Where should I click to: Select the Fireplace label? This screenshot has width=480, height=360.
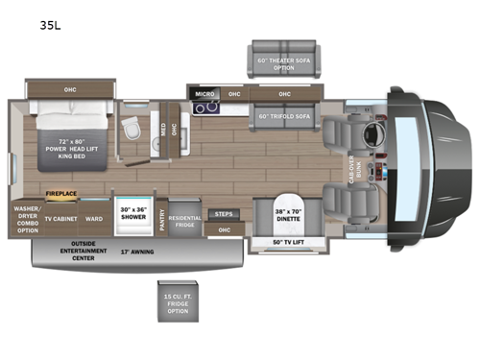[x=60, y=193]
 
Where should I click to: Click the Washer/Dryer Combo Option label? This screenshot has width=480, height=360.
[x=26, y=218]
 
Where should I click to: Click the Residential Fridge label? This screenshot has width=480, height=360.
[x=185, y=222]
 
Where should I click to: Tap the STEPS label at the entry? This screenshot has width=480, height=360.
[x=223, y=214]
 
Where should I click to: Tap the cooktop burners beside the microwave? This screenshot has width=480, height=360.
[x=204, y=108]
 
